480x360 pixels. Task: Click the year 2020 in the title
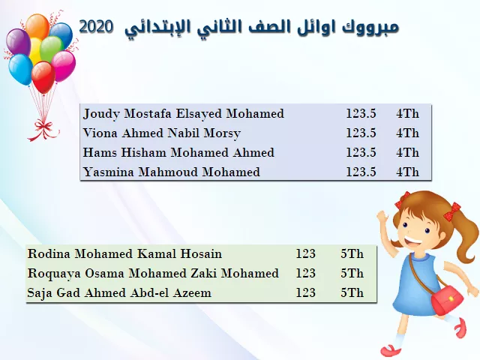coord(96,27)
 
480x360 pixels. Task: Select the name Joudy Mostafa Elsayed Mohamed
coord(183,114)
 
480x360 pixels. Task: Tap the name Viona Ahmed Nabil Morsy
coord(162,133)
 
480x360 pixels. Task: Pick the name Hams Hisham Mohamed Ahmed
coord(178,152)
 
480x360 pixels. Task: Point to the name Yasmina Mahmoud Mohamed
coord(172,172)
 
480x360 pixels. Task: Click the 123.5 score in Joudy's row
coord(361,113)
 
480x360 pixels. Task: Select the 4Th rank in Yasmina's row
coord(407,172)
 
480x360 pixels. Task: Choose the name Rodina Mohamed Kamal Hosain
coord(124,253)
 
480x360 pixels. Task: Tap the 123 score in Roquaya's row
coord(305,273)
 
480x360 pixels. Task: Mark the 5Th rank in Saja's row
coord(352,292)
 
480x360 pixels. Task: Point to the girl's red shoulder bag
coord(447,298)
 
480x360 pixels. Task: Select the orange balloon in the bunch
coord(37,27)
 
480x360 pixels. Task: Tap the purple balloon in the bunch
coord(18,42)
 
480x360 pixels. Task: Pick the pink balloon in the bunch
coord(64,66)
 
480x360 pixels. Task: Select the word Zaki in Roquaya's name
coord(204,273)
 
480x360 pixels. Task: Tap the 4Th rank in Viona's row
coord(407,133)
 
